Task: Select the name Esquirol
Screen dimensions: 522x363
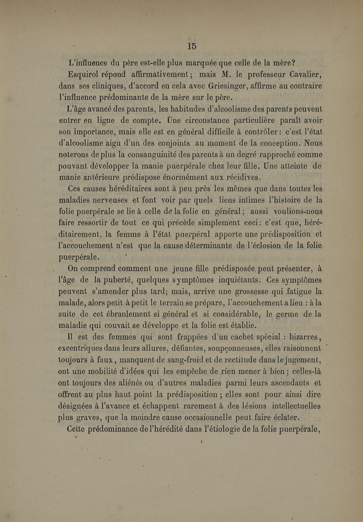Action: click(x=83, y=74)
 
